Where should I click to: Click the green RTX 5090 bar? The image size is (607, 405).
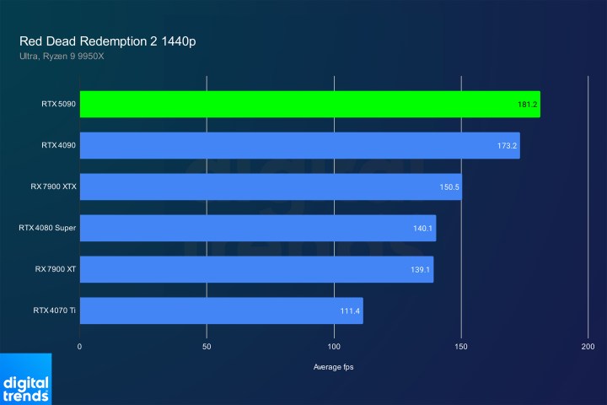(309, 104)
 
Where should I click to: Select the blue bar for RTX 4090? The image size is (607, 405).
(299, 145)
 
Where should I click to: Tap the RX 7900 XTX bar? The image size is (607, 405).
(270, 186)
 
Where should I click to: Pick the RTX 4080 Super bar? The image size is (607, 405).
(257, 228)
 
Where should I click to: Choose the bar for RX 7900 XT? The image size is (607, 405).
(256, 269)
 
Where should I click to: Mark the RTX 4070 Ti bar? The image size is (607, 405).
(221, 310)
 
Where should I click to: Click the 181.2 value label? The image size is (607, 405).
(528, 105)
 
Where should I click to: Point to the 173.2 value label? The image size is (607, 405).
(508, 146)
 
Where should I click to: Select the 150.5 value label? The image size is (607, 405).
(449, 187)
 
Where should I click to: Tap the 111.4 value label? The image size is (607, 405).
(351, 311)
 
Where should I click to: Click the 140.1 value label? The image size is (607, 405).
(424, 229)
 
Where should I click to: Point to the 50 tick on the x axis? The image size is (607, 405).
(207, 347)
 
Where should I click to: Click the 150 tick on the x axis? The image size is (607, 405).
(461, 347)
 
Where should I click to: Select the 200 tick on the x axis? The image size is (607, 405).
(588, 347)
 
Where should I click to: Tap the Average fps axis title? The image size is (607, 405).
(334, 366)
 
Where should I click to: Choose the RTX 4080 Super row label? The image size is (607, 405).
(47, 228)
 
